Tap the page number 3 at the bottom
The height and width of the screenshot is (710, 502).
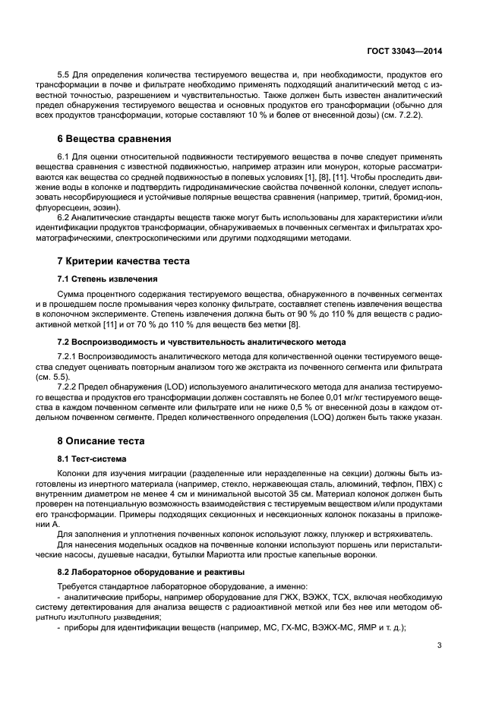(440, 646)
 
